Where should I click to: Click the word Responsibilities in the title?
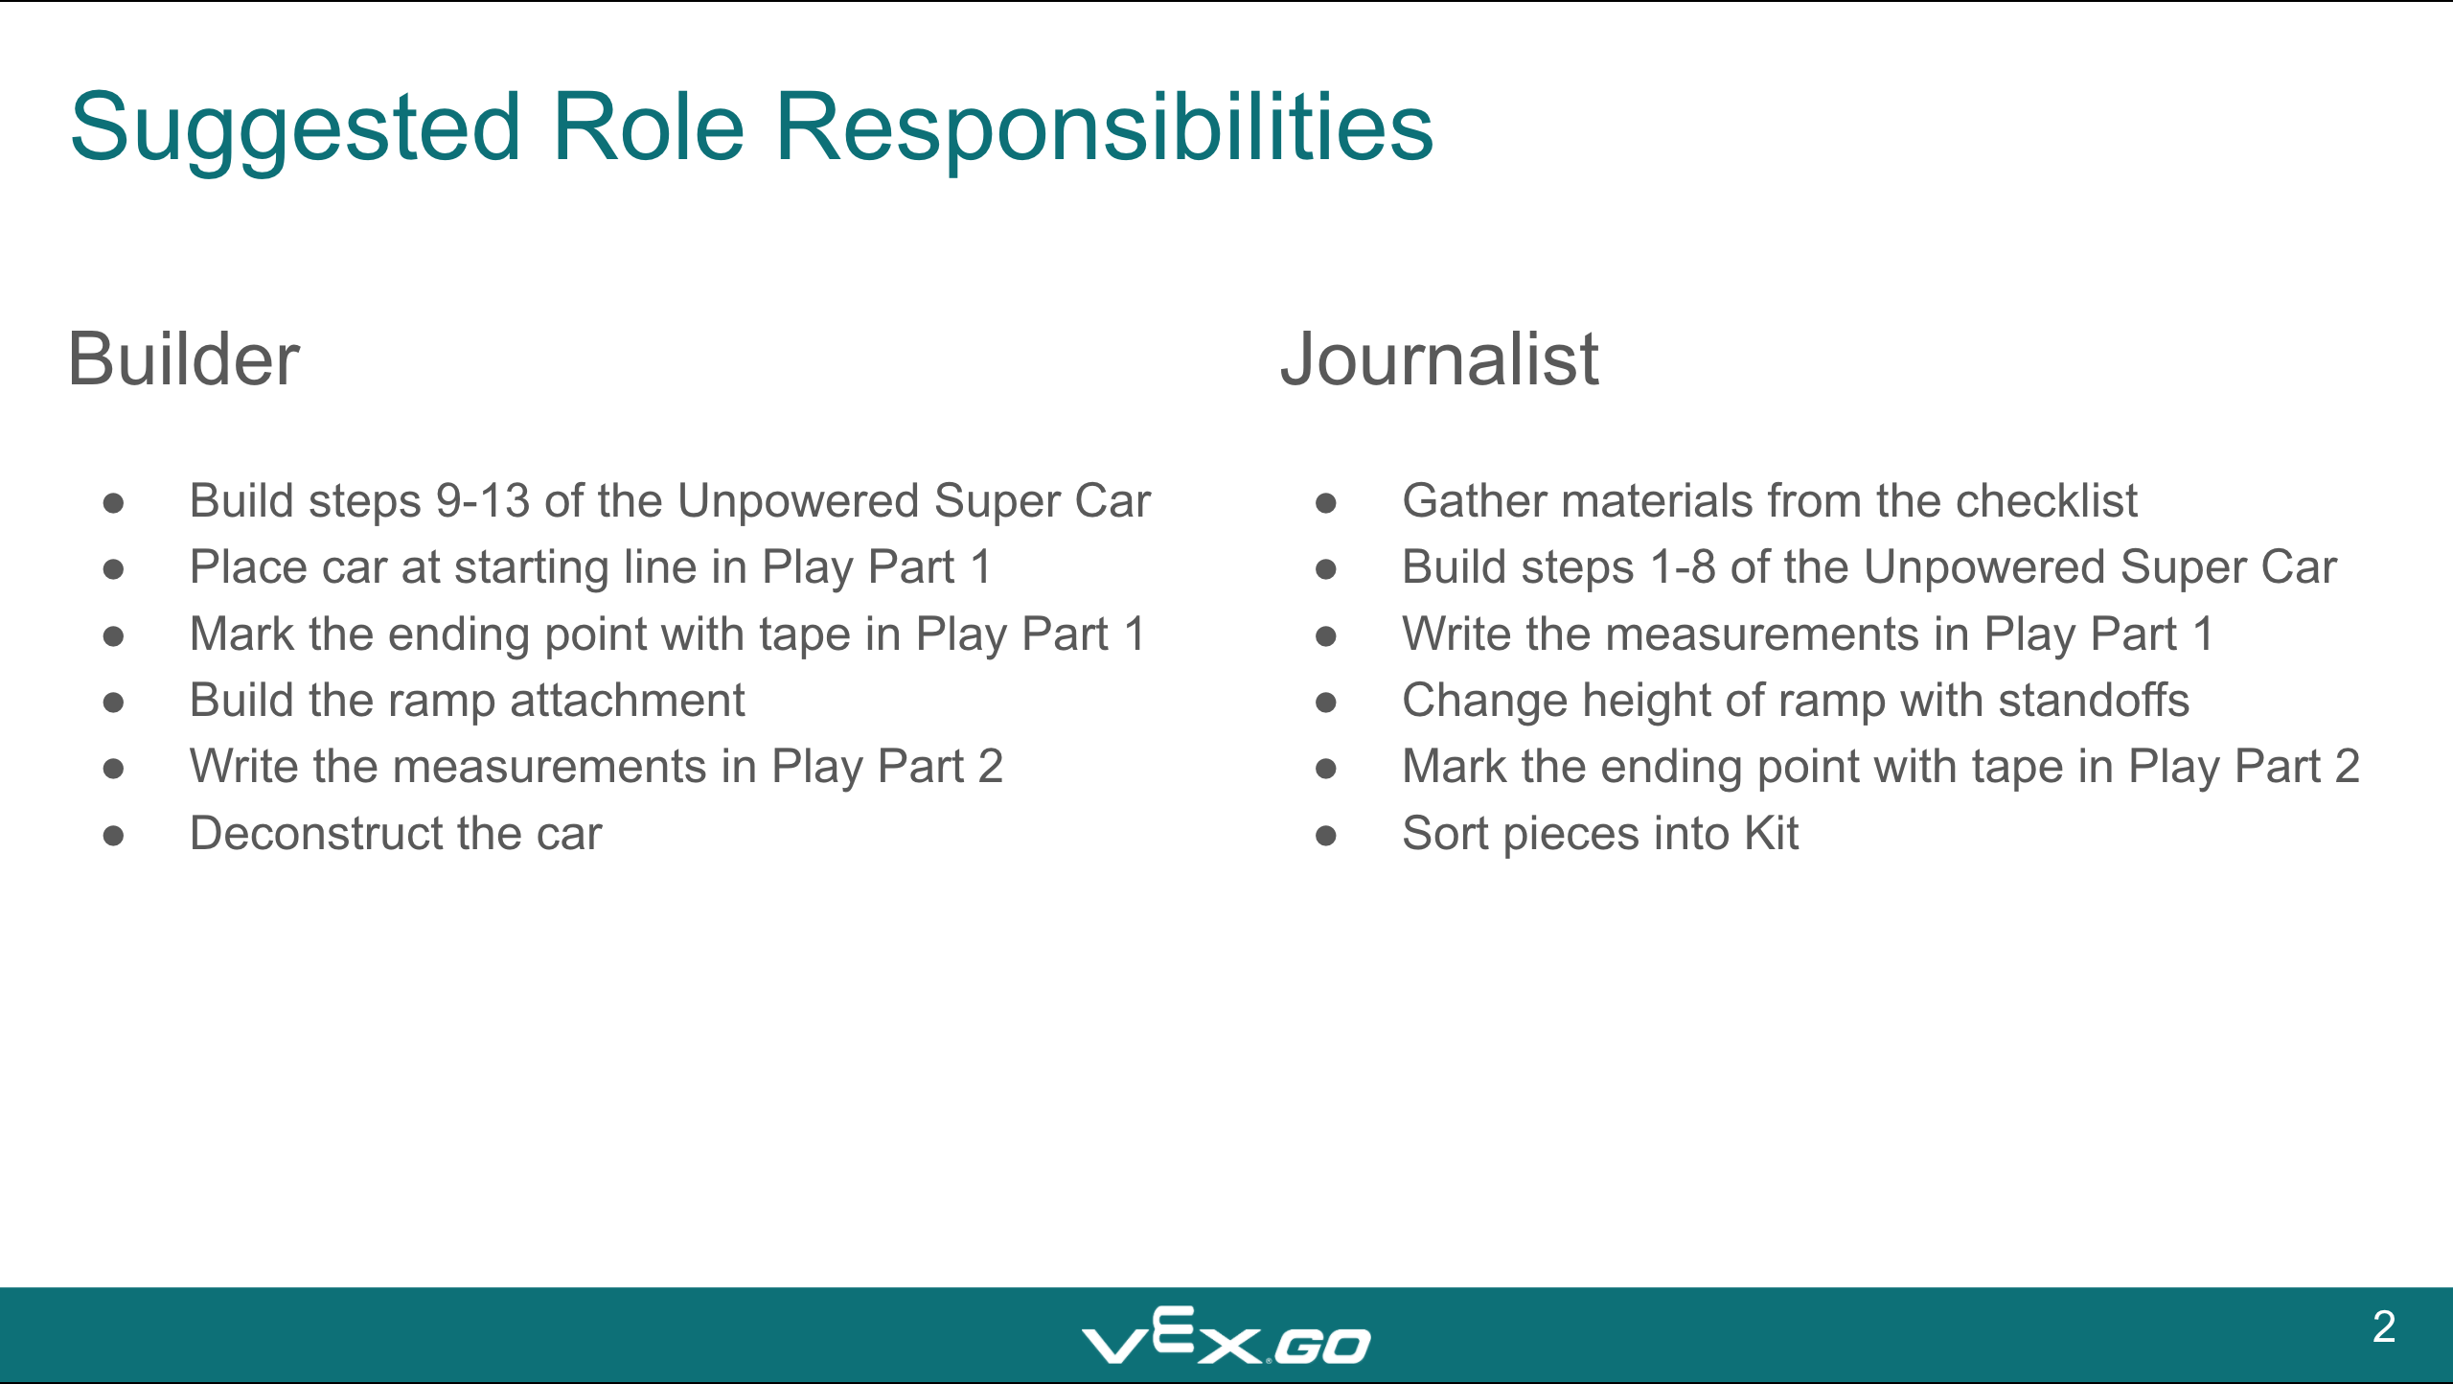[x=1104, y=127]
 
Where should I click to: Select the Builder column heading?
[x=184, y=358]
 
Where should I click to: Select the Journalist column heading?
[x=1439, y=358]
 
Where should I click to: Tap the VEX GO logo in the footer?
[x=1226, y=1335]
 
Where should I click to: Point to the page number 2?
[x=2384, y=1326]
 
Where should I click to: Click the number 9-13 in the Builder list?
[x=483, y=500]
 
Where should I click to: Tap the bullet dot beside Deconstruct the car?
[x=113, y=836]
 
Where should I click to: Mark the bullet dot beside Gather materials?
[x=1326, y=503]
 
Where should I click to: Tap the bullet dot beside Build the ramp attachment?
[x=113, y=703]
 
